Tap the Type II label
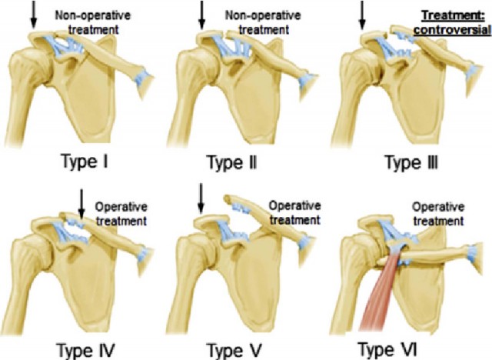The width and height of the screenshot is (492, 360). click(232, 162)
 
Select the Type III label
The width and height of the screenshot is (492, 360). click(411, 162)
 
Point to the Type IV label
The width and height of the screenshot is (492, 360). click(85, 350)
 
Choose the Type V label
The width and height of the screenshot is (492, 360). click(234, 350)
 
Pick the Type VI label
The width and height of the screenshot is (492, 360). click(387, 348)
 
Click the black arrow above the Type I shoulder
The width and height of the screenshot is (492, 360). click(34, 14)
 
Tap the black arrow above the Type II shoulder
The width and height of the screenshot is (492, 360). click(201, 15)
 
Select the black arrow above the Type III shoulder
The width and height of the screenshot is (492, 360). click(362, 15)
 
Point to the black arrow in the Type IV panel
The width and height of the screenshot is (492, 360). click(81, 204)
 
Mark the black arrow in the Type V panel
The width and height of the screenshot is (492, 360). click(201, 198)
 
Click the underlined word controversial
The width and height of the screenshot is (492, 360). click(452, 30)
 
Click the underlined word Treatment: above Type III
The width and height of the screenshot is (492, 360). click(453, 15)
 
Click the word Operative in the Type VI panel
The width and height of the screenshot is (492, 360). click(437, 207)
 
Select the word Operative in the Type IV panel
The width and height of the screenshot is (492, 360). click(121, 207)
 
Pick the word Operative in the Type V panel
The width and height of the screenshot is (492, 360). click(294, 206)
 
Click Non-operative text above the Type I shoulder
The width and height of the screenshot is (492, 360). click(93, 15)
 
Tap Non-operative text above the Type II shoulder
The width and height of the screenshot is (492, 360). click(263, 15)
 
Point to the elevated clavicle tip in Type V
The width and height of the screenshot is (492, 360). click(227, 198)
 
